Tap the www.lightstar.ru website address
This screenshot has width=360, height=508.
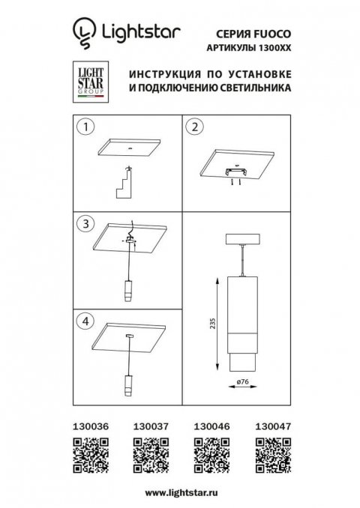coord(179,492)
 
